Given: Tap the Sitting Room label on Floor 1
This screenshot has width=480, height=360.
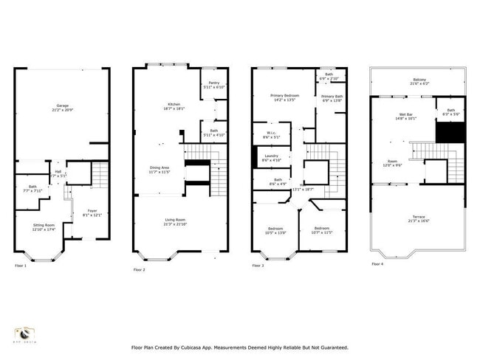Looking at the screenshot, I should tap(44, 224).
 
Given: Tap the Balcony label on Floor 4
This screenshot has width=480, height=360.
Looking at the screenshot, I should tap(418, 81).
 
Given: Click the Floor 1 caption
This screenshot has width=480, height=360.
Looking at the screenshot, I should tap(21, 266).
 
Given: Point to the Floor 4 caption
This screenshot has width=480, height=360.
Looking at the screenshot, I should tap(377, 264).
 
